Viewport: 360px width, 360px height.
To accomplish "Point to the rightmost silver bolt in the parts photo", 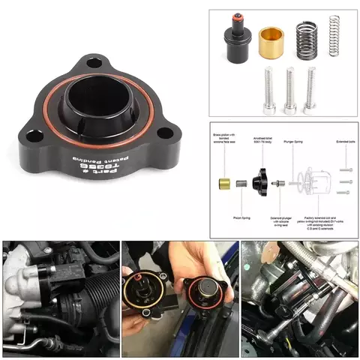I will (x=309, y=90).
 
